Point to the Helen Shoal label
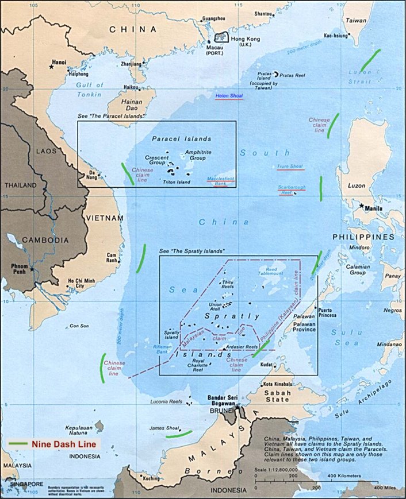point(229,95)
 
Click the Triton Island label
point(177,182)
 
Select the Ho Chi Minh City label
point(79,283)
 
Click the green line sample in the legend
point(17,444)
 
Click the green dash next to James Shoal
point(178,434)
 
